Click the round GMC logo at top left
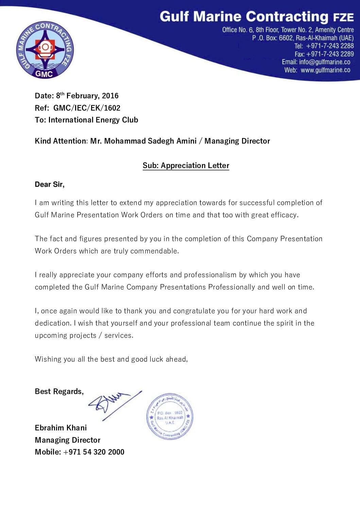click(x=45, y=50)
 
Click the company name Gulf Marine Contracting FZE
click(x=256, y=17)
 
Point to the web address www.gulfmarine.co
click(x=325, y=70)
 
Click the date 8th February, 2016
click(x=87, y=96)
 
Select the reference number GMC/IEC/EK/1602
click(x=87, y=108)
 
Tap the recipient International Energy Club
click(x=93, y=120)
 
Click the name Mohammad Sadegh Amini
click(x=150, y=141)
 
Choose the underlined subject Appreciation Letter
click(x=195, y=165)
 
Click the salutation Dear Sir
click(x=49, y=184)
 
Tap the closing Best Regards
click(x=59, y=391)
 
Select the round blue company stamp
click(x=170, y=416)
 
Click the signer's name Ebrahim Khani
click(x=61, y=428)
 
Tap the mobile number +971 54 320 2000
click(x=94, y=452)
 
